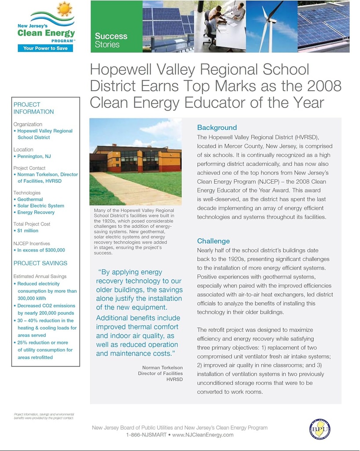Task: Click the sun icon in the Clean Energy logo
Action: tap(64, 9)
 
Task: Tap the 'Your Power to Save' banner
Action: tap(45, 48)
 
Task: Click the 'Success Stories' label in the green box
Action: tap(111, 40)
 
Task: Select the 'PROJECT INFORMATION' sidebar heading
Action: tap(33, 108)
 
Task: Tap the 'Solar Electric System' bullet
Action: tap(40, 206)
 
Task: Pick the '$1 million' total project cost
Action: tap(28, 231)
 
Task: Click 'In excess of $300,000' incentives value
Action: tap(41, 250)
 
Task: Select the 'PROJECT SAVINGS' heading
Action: tap(40, 263)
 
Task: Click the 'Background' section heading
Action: tap(217, 128)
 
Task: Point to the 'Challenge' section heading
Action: tap(213, 241)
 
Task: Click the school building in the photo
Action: tap(136, 159)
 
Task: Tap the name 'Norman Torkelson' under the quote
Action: tap(162, 367)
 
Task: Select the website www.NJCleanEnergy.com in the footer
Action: tap(203, 435)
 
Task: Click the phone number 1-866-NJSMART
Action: tap(146, 435)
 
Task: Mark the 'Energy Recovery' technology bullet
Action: tap(36, 212)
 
